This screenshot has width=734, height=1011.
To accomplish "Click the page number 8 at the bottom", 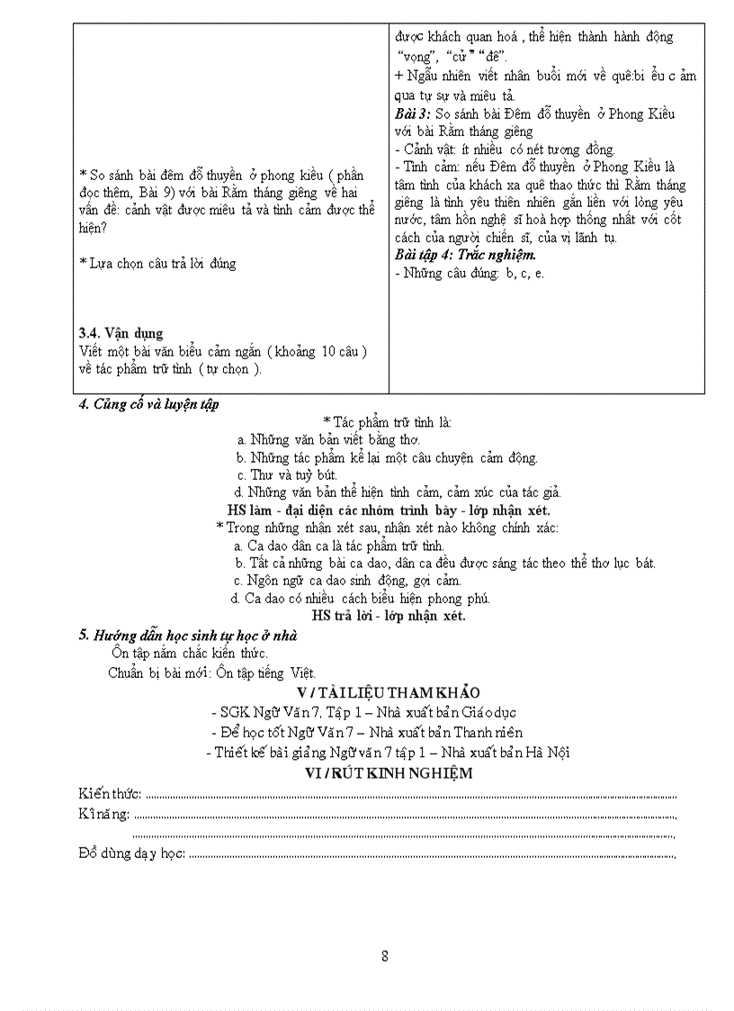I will (385, 956).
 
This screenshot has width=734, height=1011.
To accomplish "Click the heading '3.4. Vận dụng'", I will (121, 333).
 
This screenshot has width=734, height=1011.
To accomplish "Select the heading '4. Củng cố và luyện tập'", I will (148, 404).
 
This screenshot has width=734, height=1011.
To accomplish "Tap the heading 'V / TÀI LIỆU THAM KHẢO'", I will (388, 691).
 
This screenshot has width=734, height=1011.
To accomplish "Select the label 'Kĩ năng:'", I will (104, 814).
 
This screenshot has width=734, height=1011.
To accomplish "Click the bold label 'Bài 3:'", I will (413, 113).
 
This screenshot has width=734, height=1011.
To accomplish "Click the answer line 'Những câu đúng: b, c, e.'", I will (470, 273).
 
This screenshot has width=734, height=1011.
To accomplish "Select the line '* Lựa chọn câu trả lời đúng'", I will (157, 263).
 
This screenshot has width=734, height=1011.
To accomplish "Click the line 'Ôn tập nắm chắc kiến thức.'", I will (190, 653).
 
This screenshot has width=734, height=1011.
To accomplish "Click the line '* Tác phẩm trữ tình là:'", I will (388, 421).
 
